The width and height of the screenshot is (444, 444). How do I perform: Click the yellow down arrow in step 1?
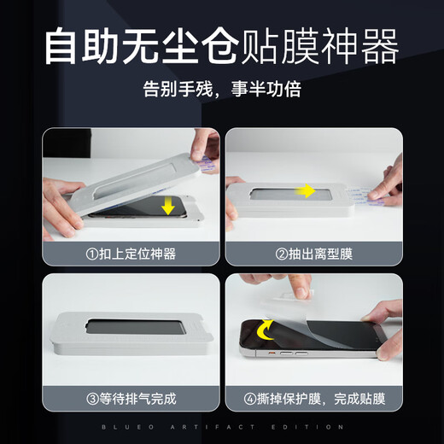168,206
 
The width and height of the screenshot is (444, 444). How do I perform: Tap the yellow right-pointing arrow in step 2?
305,190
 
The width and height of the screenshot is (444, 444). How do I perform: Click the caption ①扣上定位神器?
131,254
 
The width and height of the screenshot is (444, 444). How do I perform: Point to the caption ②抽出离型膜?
313,254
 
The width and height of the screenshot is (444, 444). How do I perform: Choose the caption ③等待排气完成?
131,398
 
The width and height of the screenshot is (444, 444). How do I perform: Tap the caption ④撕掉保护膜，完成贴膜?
313,398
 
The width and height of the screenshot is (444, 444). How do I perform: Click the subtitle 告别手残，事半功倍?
221,88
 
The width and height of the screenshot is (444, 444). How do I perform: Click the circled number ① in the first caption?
91,254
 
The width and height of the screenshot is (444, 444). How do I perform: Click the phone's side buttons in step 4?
291,351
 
